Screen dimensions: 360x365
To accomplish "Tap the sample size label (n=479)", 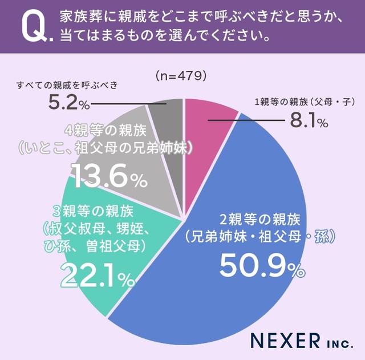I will pos(180,75).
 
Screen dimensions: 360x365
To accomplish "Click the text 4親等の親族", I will pos(106,128).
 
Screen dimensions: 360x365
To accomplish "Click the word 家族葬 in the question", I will pos(79,16).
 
